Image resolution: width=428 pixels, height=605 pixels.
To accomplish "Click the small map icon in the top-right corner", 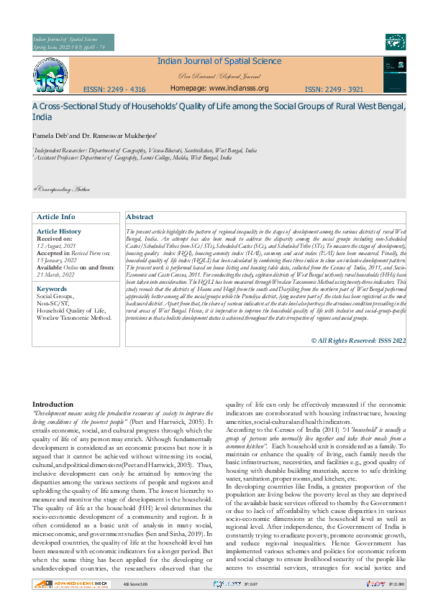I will tap(395, 42).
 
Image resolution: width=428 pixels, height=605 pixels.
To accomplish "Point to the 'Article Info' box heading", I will tap(56, 216).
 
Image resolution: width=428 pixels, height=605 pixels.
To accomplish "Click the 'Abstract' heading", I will tap(140, 216).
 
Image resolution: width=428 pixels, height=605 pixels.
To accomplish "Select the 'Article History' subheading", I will tap(59, 231).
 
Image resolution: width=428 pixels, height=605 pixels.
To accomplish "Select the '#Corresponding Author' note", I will tap(61, 189).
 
